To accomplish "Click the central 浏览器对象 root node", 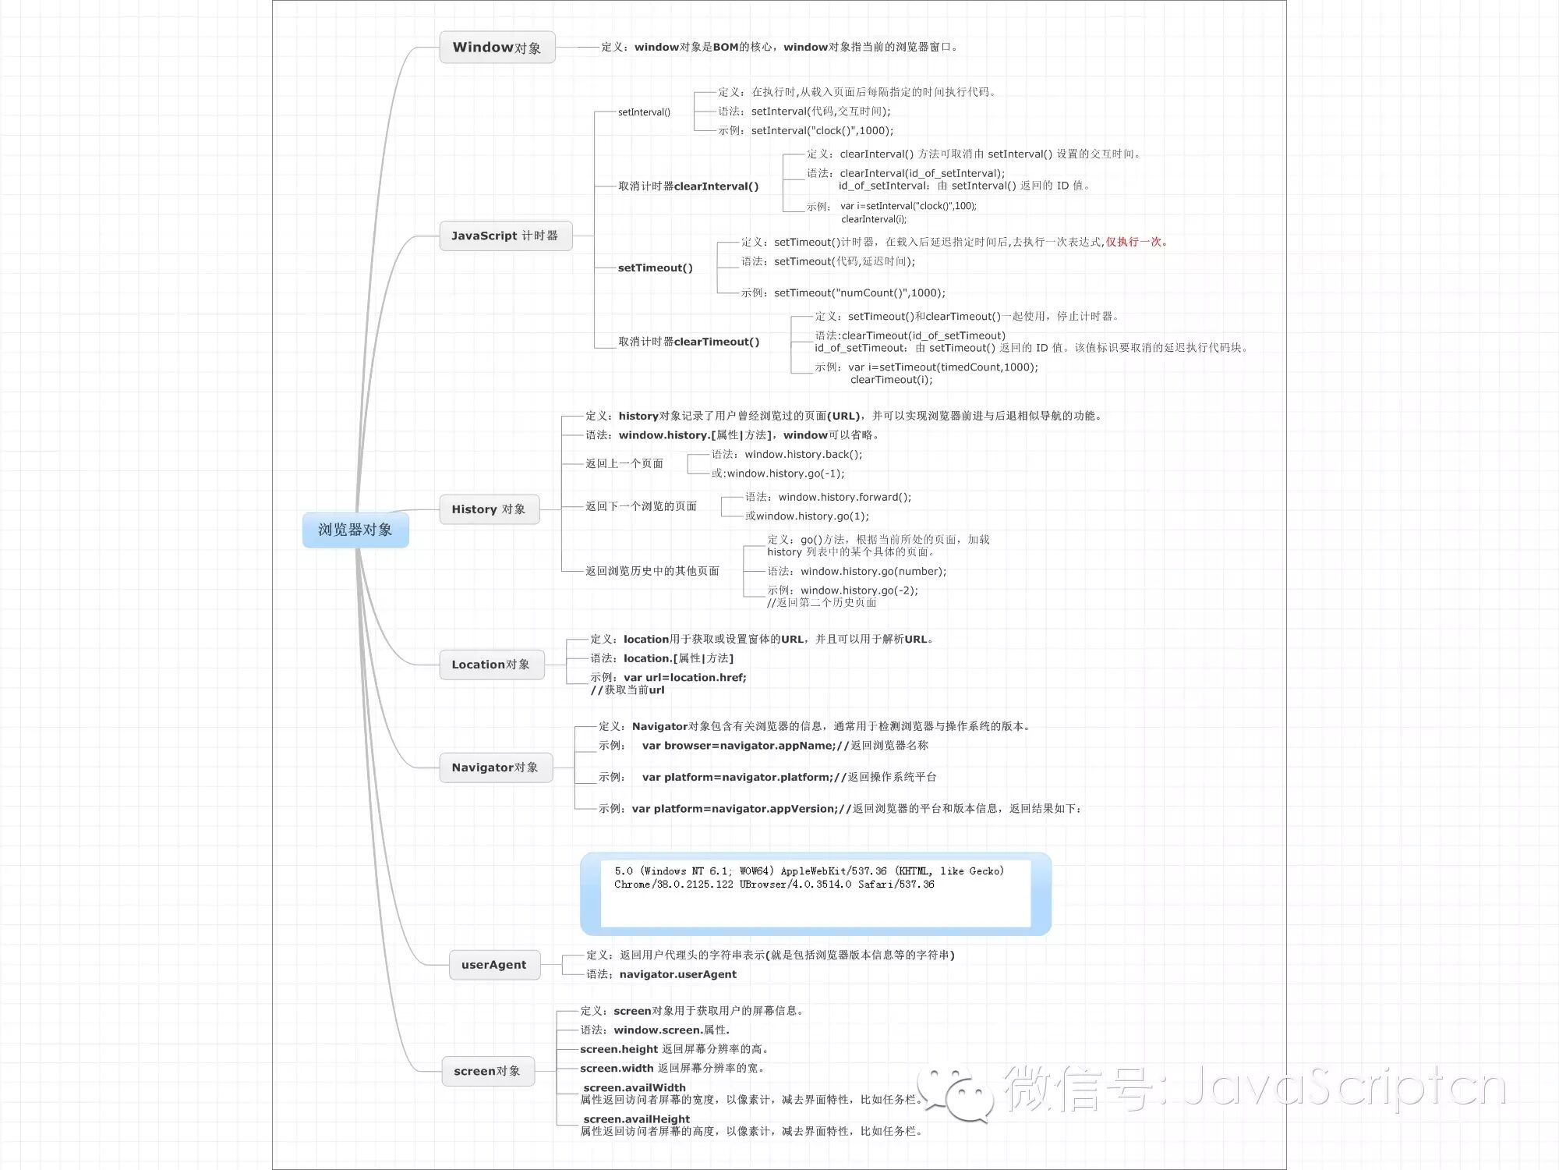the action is click(x=355, y=530).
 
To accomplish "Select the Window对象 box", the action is click(x=497, y=48).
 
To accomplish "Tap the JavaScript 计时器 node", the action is click(x=505, y=236).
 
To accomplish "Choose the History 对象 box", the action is click(x=489, y=509).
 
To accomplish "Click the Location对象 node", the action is click(x=491, y=665).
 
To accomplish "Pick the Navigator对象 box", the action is click(x=495, y=768).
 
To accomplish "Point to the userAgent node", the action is click(x=494, y=965).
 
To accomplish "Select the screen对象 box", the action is click(x=487, y=1071).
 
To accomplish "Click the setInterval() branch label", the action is click(x=644, y=112).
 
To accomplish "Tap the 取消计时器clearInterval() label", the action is click(x=688, y=186).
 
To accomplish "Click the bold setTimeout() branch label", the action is click(x=655, y=268).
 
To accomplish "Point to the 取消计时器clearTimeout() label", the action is click(x=688, y=342).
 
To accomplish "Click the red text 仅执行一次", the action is click(x=1135, y=242).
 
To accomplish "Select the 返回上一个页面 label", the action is click(x=624, y=464).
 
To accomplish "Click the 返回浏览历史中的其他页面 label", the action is click(x=652, y=571).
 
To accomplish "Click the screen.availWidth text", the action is click(x=635, y=1087).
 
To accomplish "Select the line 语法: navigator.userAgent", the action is click(x=661, y=974).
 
